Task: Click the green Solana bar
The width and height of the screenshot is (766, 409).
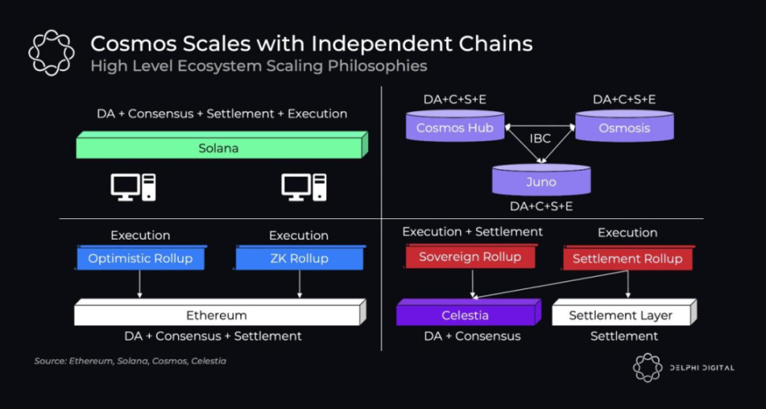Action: (219, 148)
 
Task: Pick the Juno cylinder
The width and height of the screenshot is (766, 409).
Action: (541, 182)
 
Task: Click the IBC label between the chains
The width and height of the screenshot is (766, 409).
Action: (540, 138)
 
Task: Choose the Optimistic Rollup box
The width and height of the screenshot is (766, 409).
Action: (140, 258)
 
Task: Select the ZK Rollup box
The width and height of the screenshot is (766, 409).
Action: (299, 258)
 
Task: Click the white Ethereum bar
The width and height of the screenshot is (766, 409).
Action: (217, 315)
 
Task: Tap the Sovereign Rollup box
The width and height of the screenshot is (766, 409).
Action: (470, 257)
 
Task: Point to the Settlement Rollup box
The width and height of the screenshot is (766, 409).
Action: (627, 258)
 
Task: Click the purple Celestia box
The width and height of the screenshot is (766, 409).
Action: (465, 315)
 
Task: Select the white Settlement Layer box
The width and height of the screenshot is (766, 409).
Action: (621, 315)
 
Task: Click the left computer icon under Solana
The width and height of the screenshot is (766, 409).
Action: (132, 187)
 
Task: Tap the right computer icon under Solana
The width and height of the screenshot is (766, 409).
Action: (303, 187)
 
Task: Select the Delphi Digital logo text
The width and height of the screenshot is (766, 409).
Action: (701, 367)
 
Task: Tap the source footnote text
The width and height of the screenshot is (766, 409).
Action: (130, 361)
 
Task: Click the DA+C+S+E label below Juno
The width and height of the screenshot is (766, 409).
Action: (541, 206)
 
